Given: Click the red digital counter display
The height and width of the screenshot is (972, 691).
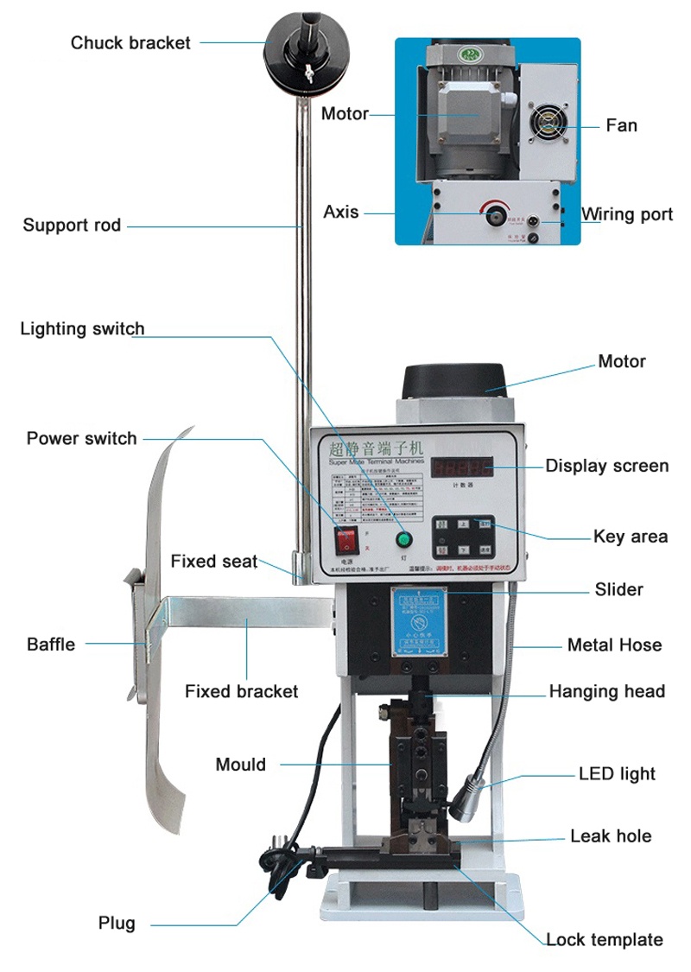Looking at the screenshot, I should coord(463,467).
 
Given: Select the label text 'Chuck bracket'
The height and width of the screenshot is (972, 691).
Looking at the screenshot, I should coord(130,42).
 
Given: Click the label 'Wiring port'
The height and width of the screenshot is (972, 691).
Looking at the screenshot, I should coord(626,214).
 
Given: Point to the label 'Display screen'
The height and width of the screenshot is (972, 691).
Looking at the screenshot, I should coord(606,466).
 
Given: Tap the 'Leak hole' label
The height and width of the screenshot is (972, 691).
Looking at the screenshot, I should coord(610,835).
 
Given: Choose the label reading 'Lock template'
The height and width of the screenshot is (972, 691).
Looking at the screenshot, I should coord(604,939).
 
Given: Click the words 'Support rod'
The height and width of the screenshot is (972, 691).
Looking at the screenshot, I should coord(72,226).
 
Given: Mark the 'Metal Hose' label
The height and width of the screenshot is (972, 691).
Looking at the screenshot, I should coord(614,645).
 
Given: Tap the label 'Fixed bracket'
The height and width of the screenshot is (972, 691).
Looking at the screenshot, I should coord(241,691).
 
